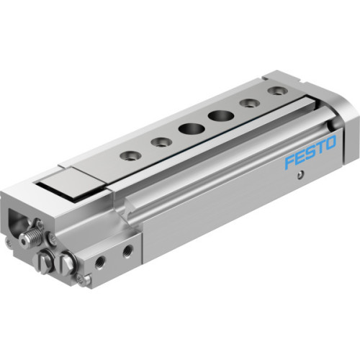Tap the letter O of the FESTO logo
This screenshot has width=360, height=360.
click(329, 143)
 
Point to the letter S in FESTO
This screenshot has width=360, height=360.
click(309, 153)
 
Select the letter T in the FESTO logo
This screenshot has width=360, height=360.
click(318, 148)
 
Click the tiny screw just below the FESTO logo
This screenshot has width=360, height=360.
click(300, 175)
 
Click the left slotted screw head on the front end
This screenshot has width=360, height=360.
click(45, 261)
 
